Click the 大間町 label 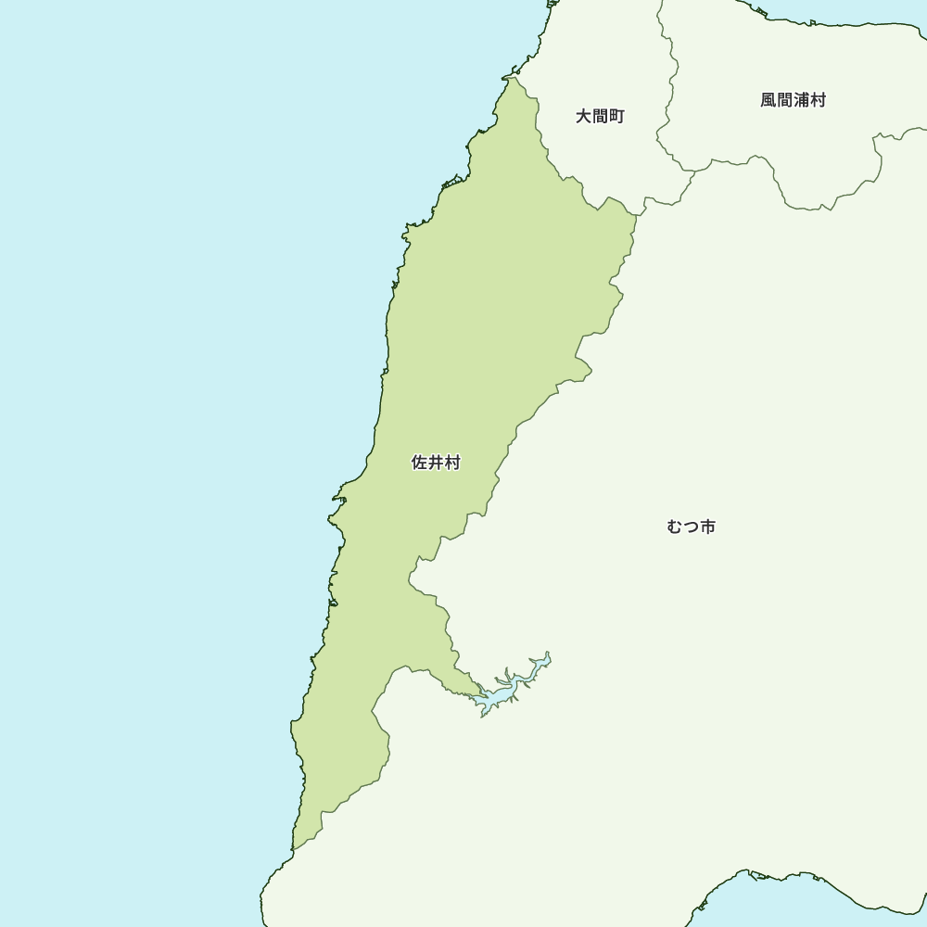point(600,117)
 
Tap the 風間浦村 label point(793,100)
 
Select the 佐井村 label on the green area point(436,463)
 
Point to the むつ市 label point(691,527)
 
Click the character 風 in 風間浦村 point(768,100)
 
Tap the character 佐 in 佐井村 point(420,463)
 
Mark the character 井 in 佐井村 point(436,463)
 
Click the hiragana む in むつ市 point(675,527)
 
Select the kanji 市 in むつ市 point(707,527)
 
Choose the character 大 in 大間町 point(584,117)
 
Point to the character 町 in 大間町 point(616,117)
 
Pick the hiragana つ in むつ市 point(691,527)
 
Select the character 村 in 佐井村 point(452,463)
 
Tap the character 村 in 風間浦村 point(818,100)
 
